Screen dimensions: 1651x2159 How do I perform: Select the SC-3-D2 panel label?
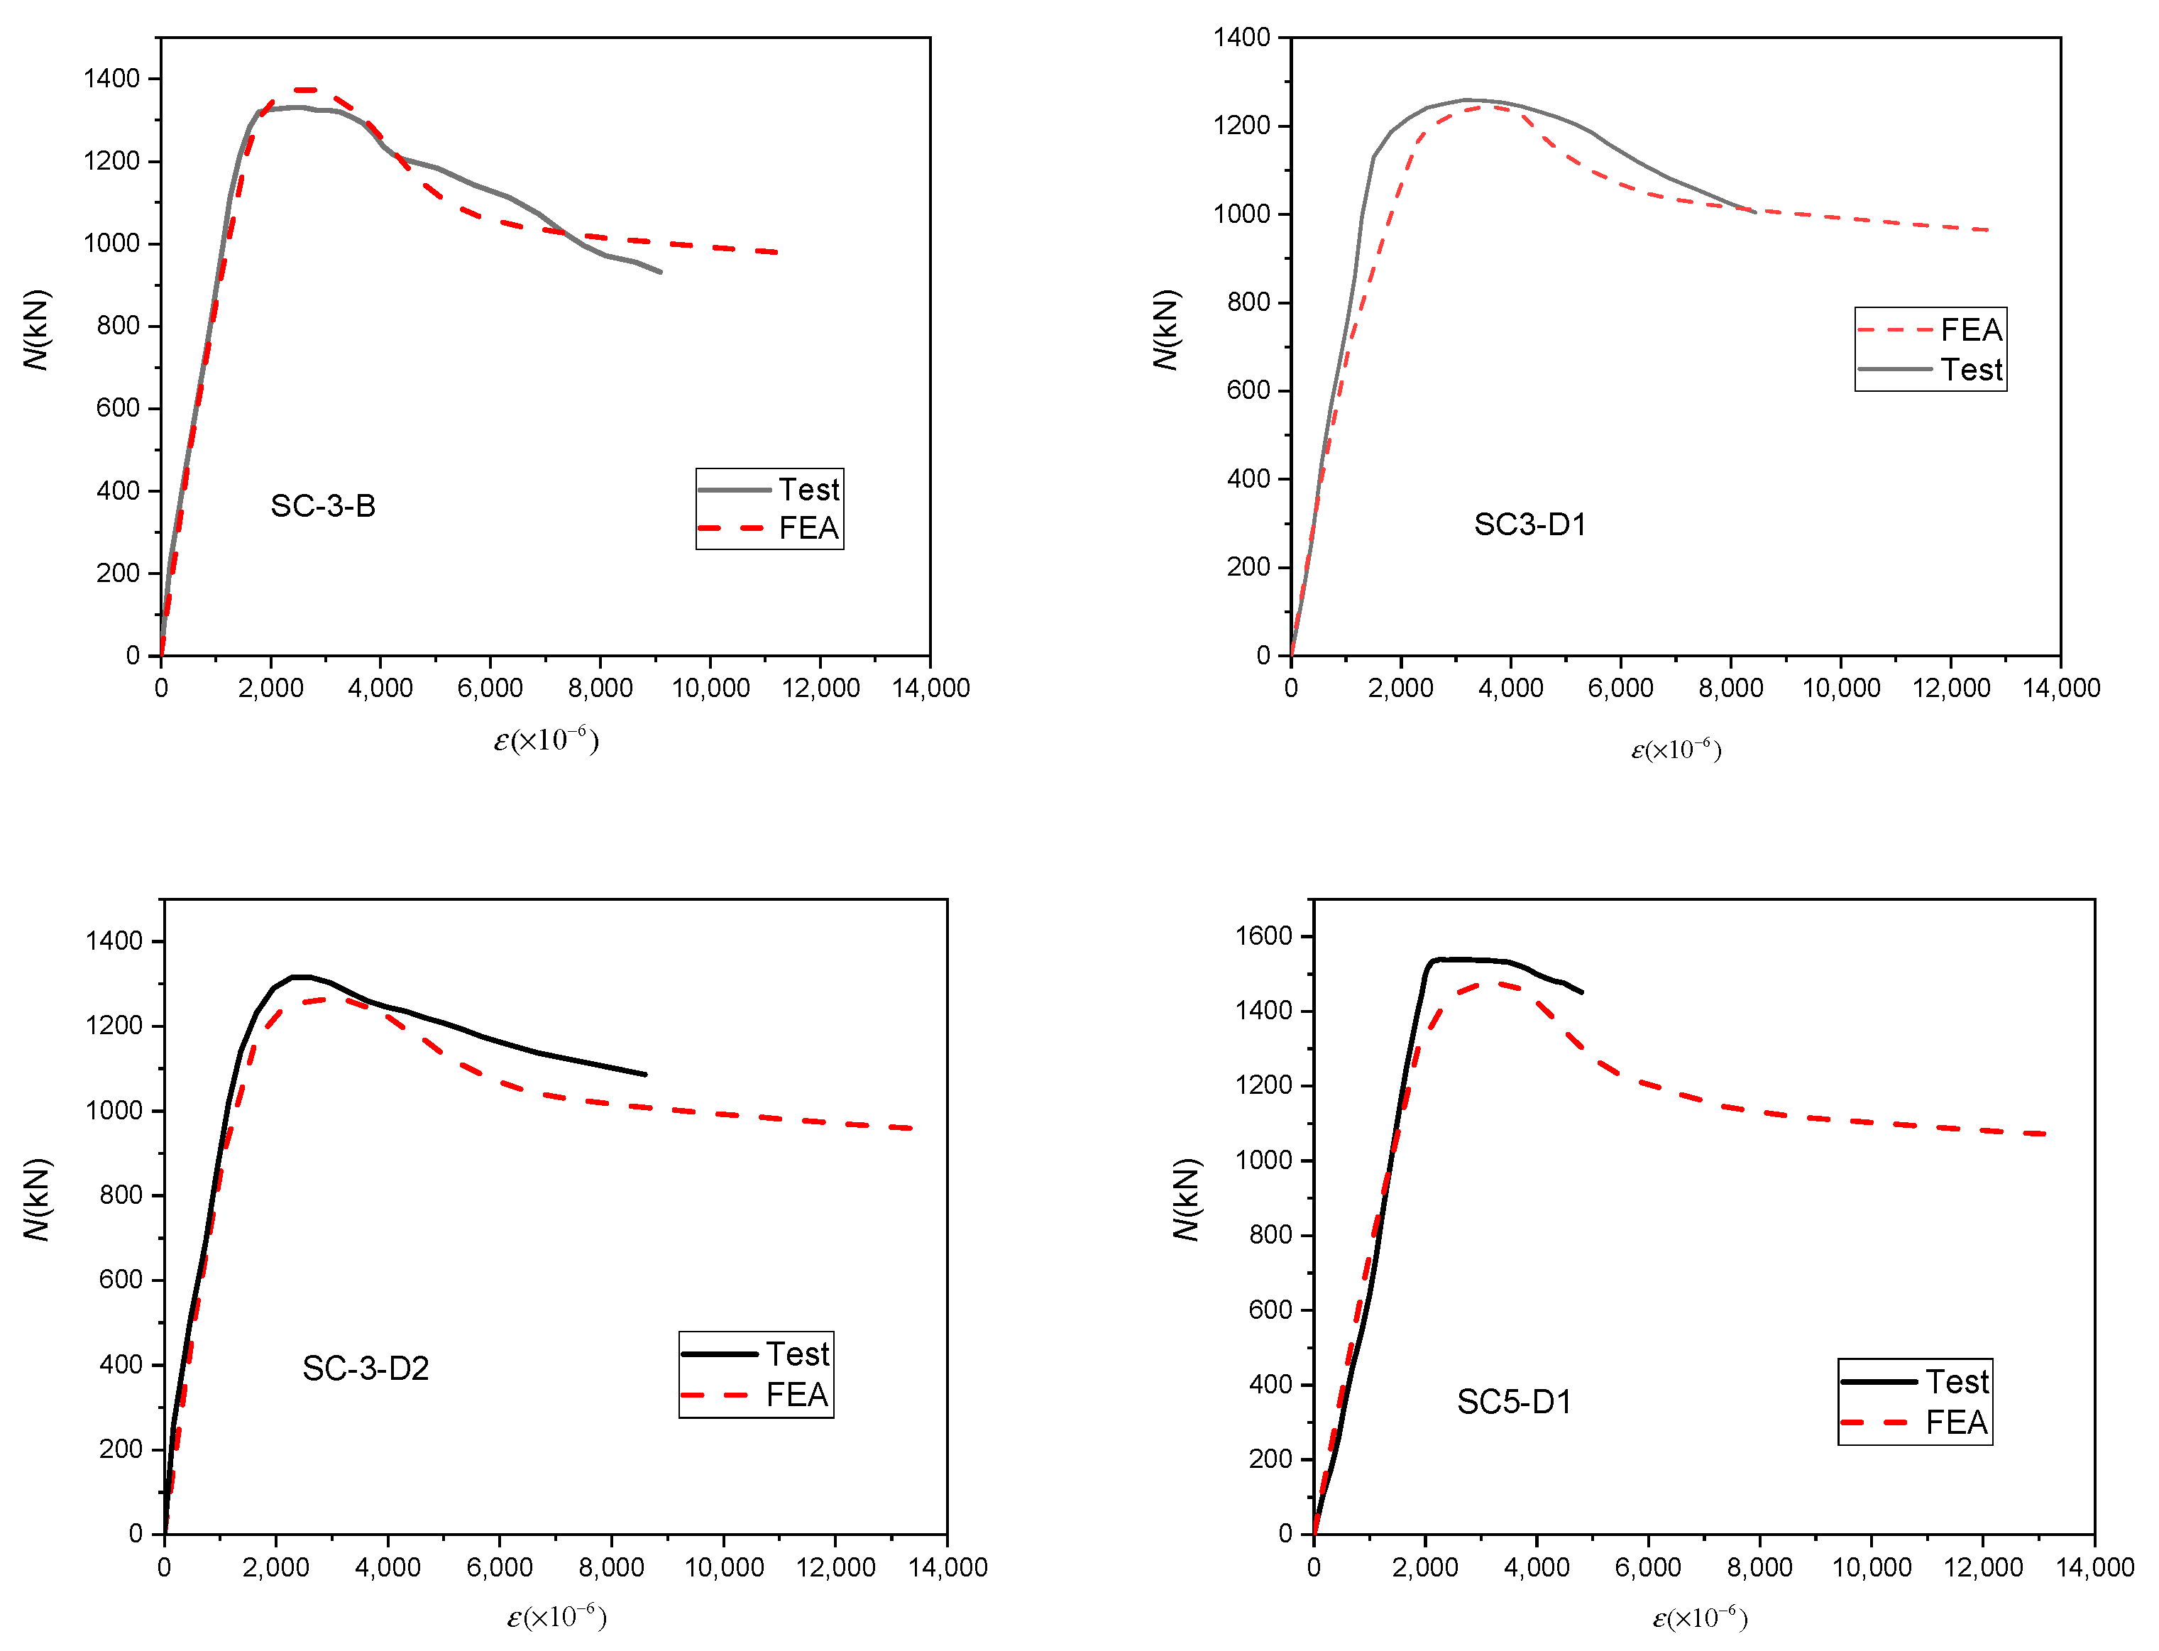[365, 1368]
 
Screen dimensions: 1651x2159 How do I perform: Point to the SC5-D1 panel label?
[1513, 1401]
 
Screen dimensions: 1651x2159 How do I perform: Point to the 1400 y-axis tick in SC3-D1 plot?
[1241, 38]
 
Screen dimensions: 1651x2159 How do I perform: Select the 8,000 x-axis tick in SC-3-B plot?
[600, 688]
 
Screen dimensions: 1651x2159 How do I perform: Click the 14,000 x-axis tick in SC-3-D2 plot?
[947, 1567]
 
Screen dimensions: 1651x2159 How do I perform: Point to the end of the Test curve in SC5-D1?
[1581, 992]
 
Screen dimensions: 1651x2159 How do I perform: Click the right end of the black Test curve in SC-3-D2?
[646, 1074]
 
